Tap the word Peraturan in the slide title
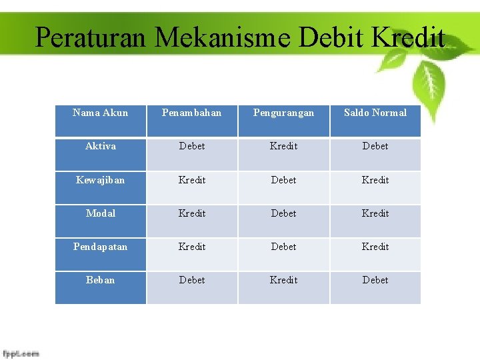[x=90, y=37]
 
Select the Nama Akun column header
[x=100, y=113]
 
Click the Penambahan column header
[x=192, y=113]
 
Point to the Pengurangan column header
[x=283, y=113]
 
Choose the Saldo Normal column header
[x=375, y=113]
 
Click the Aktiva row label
[x=100, y=146]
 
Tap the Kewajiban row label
[x=100, y=180]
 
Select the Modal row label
[x=100, y=213]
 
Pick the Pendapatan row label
[x=100, y=247]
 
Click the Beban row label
[x=100, y=280]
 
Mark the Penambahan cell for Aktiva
[x=192, y=146]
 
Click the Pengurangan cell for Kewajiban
[x=283, y=180]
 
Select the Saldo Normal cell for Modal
[x=375, y=213]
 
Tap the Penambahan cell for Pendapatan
[x=192, y=247]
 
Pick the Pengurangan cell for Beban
[x=283, y=280]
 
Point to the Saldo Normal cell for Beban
[x=375, y=280]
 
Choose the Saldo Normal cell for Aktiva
[x=375, y=146]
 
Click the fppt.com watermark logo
[x=21, y=353]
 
